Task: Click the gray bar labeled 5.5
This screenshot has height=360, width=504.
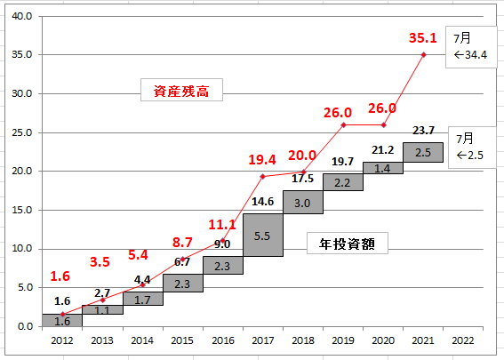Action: point(263,235)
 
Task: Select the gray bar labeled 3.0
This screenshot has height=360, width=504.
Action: point(303,202)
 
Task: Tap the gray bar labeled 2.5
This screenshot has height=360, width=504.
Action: point(423,152)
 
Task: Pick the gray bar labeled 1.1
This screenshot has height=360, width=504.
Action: point(102,310)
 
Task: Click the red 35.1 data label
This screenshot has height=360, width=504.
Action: point(423,38)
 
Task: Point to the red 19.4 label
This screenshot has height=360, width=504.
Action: point(262,160)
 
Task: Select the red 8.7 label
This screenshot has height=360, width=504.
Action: point(182,243)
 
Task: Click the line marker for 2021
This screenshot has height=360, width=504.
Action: point(424,55)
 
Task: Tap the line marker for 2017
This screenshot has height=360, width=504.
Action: point(262,177)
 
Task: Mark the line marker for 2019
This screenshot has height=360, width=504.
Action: point(343,125)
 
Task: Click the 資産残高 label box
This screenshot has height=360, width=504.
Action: point(181,90)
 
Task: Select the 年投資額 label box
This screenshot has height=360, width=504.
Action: point(348,244)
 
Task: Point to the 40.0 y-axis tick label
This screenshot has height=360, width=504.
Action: point(22,16)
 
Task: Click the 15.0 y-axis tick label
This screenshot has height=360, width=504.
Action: point(22,210)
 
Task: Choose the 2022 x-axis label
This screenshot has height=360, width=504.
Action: point(463,340)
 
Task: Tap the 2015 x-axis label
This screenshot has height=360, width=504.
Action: point(182,340)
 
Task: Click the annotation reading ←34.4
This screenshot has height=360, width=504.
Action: point(470,55)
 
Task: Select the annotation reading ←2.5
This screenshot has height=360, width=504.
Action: point(470,156)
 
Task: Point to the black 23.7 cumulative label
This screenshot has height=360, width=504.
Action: point(423,131)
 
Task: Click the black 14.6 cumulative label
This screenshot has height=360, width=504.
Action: point(262,202)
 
